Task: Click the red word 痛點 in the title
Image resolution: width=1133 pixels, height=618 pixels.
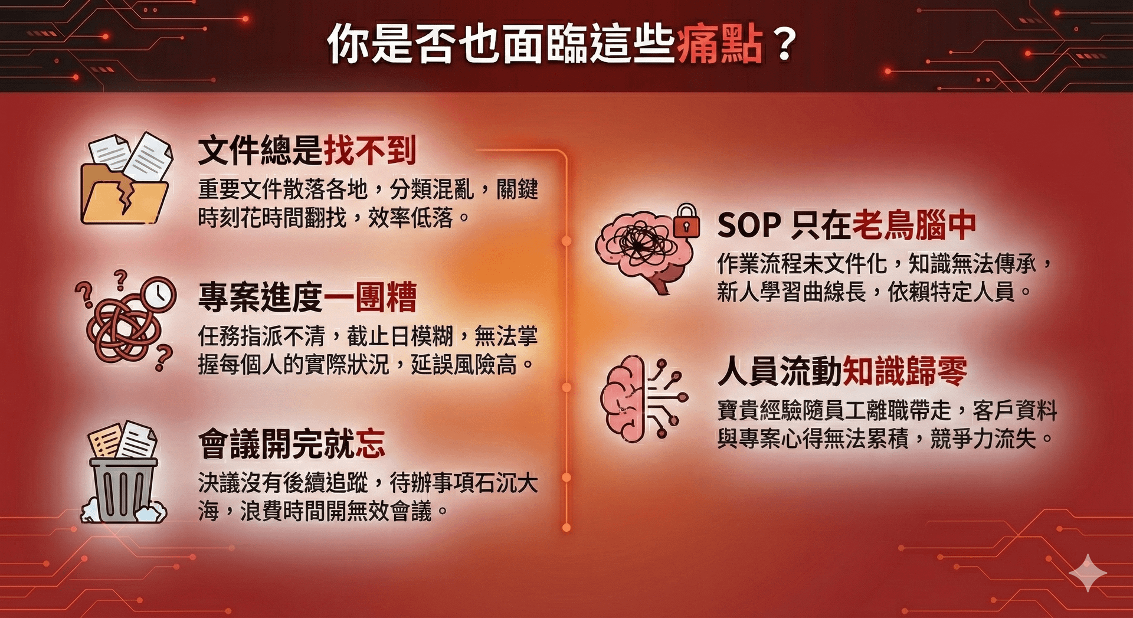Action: (x=720, y=44)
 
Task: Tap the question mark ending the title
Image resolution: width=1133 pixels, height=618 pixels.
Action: (x=784, y=44)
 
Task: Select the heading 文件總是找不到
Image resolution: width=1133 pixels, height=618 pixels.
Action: (x=307, y=150)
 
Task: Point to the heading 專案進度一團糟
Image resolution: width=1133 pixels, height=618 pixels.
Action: (x=307, y=296)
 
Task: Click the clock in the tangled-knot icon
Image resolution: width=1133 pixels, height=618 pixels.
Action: (x=158, y=293)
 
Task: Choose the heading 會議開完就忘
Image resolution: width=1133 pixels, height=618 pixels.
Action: (x=292, y=444)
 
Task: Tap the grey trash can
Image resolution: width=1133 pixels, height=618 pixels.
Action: (x=123, y=489)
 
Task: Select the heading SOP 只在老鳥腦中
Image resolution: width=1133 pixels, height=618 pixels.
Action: (x=847, y=225)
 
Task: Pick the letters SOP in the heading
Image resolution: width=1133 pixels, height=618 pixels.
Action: (x=749, y=225)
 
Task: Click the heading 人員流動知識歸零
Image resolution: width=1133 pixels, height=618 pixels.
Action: (x=843, y=371)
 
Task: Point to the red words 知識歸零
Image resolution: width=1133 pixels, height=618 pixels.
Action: (x=905, y=371)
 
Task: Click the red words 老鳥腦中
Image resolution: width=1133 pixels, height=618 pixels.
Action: (x=914, y=225)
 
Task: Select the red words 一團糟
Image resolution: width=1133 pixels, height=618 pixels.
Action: (x=371, y=296)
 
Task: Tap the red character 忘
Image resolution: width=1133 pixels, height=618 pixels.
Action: (x=371, y=444)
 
